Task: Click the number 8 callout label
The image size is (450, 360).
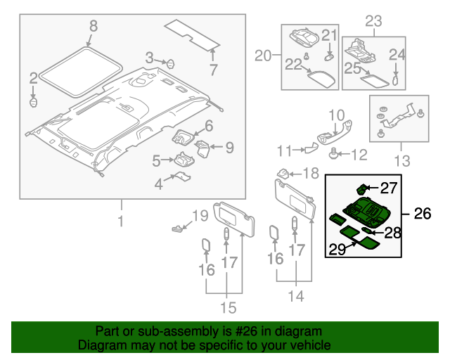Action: [93, 27]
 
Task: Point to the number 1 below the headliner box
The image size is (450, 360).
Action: [120, 223]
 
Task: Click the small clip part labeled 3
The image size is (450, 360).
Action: [169, 63]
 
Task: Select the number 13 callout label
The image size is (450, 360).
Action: [401, 162]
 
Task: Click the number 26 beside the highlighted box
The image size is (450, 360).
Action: [422, 214]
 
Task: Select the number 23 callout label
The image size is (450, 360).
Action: [373, 20]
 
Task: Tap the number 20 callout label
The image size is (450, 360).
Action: [263, 56]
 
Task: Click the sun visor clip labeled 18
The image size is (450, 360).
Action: [281, 173]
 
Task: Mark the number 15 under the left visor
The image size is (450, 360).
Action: [226, 307]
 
